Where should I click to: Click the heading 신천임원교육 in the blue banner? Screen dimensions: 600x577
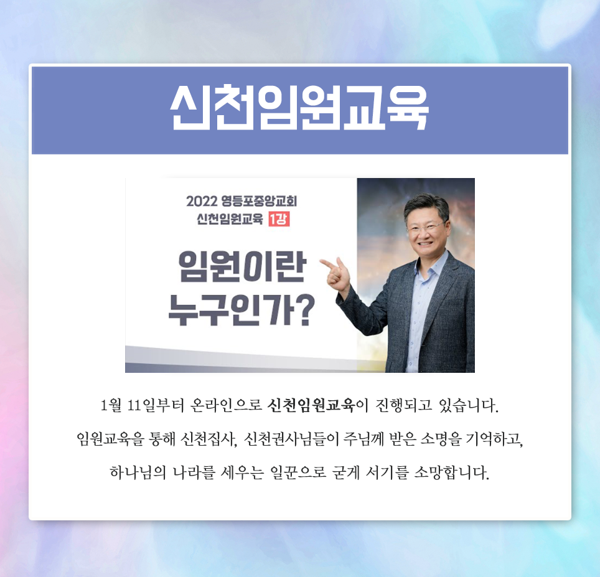[x=299, y=107]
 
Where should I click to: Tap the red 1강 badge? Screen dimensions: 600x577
[x=279, y=219]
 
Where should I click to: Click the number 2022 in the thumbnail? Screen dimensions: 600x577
[x=201, y=201]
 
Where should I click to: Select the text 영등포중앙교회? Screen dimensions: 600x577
[x=259, y=201]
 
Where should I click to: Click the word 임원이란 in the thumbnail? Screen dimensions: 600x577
[x=242, y=267]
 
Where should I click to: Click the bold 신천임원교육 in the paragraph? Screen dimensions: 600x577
[x=311, y=405]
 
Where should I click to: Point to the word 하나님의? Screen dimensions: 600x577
[x=138, y=472]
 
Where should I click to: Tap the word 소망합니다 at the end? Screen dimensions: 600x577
[x=451, y=473]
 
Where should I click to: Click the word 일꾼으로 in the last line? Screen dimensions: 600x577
[x=298, y=473]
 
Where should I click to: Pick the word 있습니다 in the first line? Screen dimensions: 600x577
[x=469, y=405]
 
